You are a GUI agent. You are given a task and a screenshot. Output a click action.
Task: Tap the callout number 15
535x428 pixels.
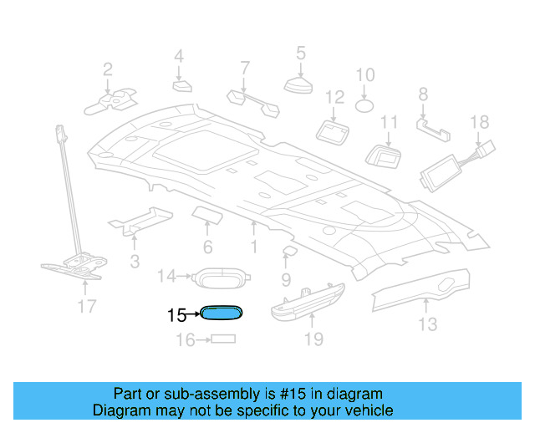[x=176, y=316]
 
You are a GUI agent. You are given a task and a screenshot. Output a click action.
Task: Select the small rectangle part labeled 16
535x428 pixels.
[x=222, y=339]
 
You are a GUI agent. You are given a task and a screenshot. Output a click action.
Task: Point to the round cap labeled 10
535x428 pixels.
[x=365, y=106]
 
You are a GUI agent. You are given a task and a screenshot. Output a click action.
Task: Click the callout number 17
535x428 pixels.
[x=87, y=306]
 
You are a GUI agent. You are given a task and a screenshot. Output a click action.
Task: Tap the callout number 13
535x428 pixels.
[x=427, y=324]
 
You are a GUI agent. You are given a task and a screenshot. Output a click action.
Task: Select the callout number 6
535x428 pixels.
[x=207, y=247]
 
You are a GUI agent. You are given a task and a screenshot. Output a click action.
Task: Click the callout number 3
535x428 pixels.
[x=135, y=262]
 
